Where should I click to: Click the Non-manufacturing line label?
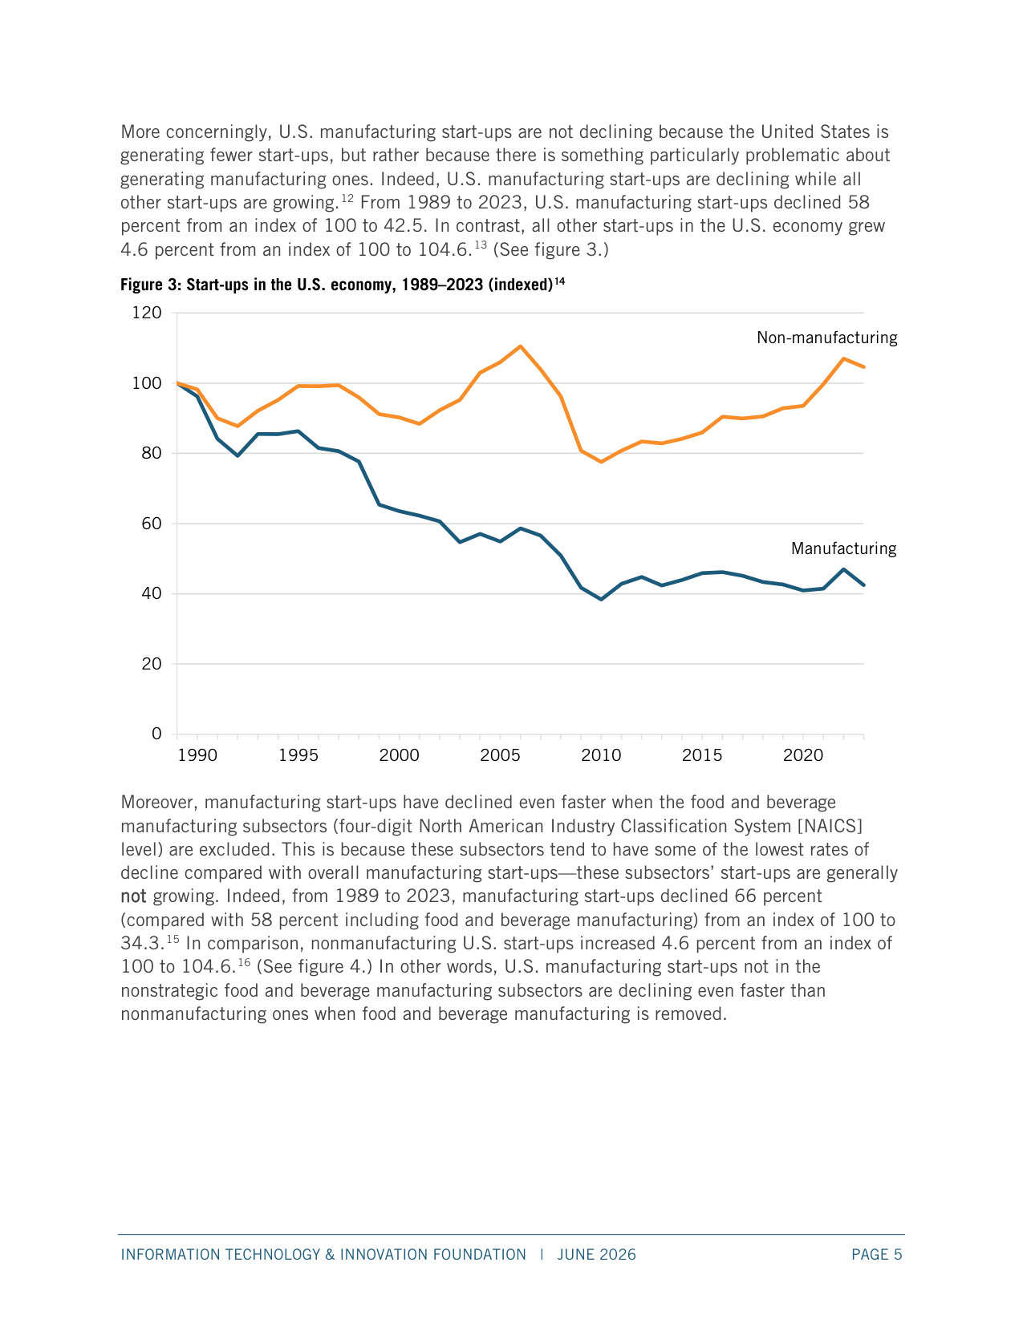[x=826, y=338]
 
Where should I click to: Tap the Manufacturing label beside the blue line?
[x=844, y=548]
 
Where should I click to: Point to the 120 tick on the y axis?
[x=147, y=313]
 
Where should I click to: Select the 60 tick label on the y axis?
[x=152, y=524]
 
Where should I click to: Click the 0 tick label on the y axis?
[x=156, y=734]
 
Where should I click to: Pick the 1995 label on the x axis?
[x=298, y=755]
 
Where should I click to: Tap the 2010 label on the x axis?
[x=601, y=755]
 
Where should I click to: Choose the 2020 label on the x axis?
[x=803, y=755]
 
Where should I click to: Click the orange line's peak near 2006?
[x=521, y=346]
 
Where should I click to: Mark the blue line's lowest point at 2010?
[x=602, y=599]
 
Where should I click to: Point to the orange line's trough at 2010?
[x=602, y=462]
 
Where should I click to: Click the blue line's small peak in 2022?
[x=844, y=569]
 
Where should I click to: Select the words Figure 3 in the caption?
[x=148, y=285]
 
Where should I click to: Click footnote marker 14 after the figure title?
[x=559, y=281]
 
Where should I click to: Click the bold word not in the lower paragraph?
[x=133, y=896]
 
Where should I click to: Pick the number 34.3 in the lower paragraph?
[x=142, y=943]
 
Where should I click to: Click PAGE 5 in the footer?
[x=877, y=1255]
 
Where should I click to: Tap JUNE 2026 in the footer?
[x=596, y=1255]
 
